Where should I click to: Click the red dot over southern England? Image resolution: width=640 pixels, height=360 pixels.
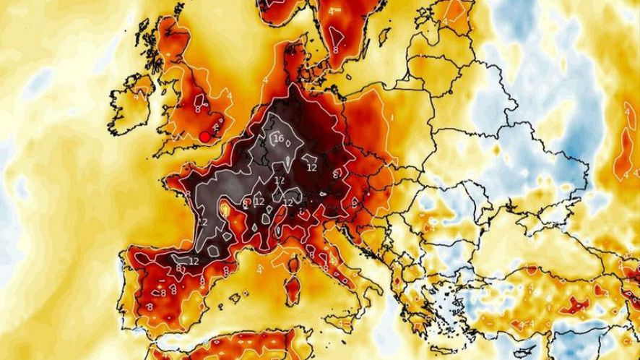(x=205, y=136)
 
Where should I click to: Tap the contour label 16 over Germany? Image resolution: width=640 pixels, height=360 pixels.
(x=279, y=139)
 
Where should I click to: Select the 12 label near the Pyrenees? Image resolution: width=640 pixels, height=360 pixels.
(x=194, y=260)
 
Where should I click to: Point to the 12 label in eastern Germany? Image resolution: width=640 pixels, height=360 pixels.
(x=312, y=168)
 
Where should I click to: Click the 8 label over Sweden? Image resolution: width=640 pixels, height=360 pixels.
(x=336, y=51)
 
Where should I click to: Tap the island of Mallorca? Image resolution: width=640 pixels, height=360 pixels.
(x=236, y=296)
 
